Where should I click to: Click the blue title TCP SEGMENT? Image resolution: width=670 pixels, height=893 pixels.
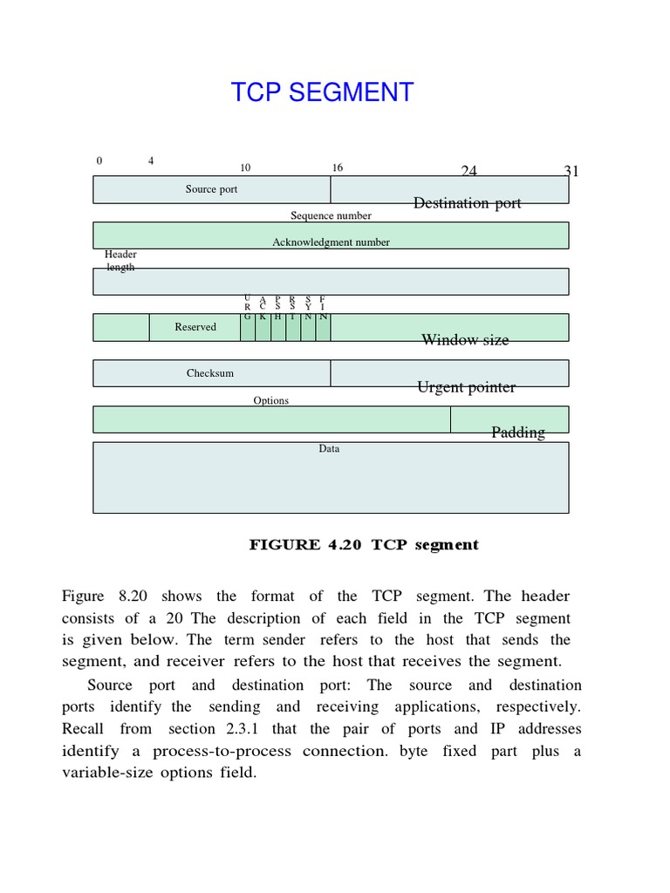pos(322,92)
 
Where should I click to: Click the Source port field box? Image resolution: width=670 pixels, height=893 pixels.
pos(211,189)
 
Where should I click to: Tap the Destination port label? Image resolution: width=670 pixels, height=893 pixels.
pos(467,203)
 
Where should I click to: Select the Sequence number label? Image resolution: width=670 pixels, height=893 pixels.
pos(331,215)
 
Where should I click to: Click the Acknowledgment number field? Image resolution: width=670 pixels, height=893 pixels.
pos(331,242)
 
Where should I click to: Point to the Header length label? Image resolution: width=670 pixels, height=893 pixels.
pos(120,261)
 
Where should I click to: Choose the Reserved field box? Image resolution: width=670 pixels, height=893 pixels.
pos(195,327)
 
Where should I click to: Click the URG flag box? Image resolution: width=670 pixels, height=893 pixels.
pos(248,327)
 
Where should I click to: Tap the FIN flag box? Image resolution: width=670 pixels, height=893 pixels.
pos(323,327)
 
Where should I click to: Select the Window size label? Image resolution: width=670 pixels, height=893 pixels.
pos(465,340)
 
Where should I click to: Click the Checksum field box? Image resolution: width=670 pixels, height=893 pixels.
pos(210,373)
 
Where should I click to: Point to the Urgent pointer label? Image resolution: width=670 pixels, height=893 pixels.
pos(466,387)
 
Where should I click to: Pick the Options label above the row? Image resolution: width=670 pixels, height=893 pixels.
pos(270,400)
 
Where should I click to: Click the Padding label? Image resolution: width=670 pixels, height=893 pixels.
pos(518,433)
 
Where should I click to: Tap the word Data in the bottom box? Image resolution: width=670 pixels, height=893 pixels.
pos(329,448)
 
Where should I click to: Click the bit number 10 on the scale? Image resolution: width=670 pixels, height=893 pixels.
pos(245,167)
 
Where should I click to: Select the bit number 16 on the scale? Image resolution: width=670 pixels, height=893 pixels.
pos(337,167)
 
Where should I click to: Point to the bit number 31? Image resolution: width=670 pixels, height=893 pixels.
pos(571,171)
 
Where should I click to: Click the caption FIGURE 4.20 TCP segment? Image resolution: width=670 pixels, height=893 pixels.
pos(364,545)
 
